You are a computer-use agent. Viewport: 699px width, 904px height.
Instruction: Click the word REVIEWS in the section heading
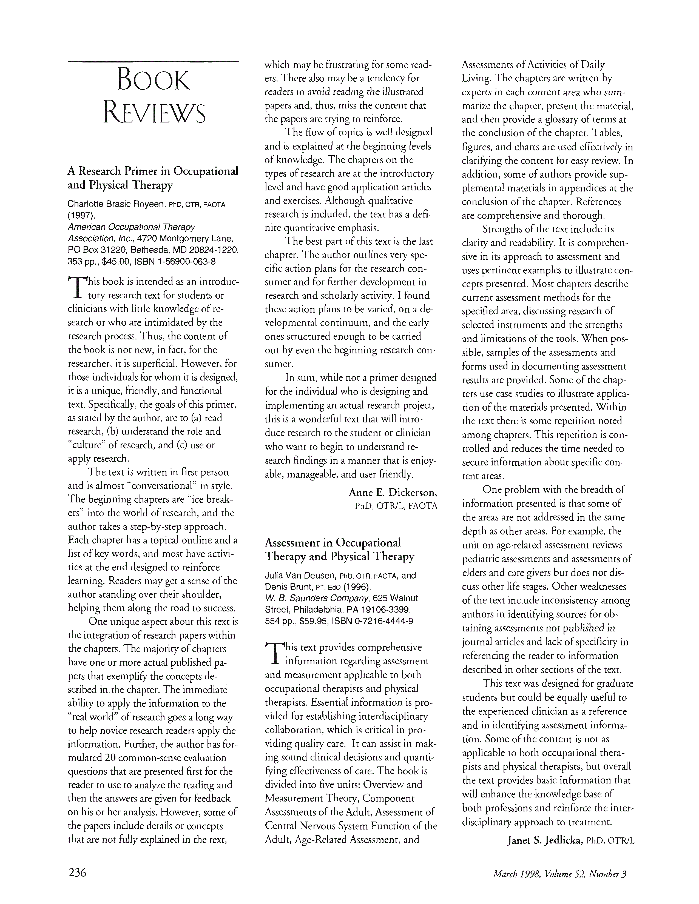coord(154,113)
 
